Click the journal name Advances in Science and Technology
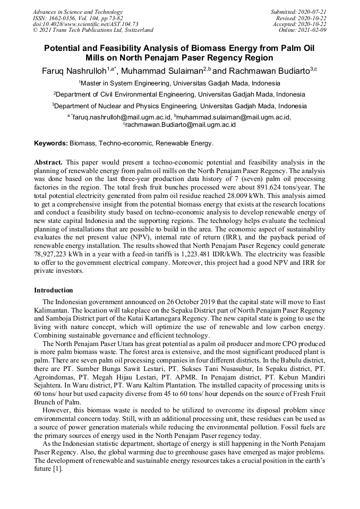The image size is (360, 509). click(x=78, y=12)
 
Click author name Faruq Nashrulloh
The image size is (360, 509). click(x=74, y=71)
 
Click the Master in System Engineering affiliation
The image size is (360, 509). click(x=180, y=83)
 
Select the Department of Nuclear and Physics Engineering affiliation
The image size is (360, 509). click(x=180, y=106)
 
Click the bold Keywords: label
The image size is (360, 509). click(x=51, y=143)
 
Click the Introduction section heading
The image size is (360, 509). click(x=54, y=290)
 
